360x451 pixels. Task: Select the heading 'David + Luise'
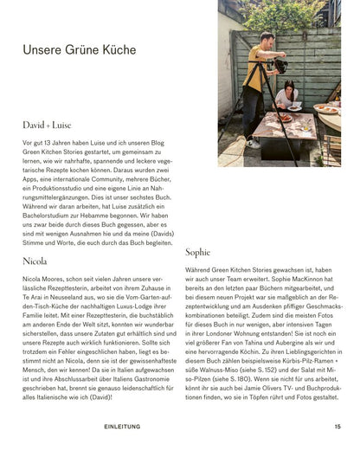click(x=47, y=125)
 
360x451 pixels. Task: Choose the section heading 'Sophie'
click(x=198, y=252)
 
